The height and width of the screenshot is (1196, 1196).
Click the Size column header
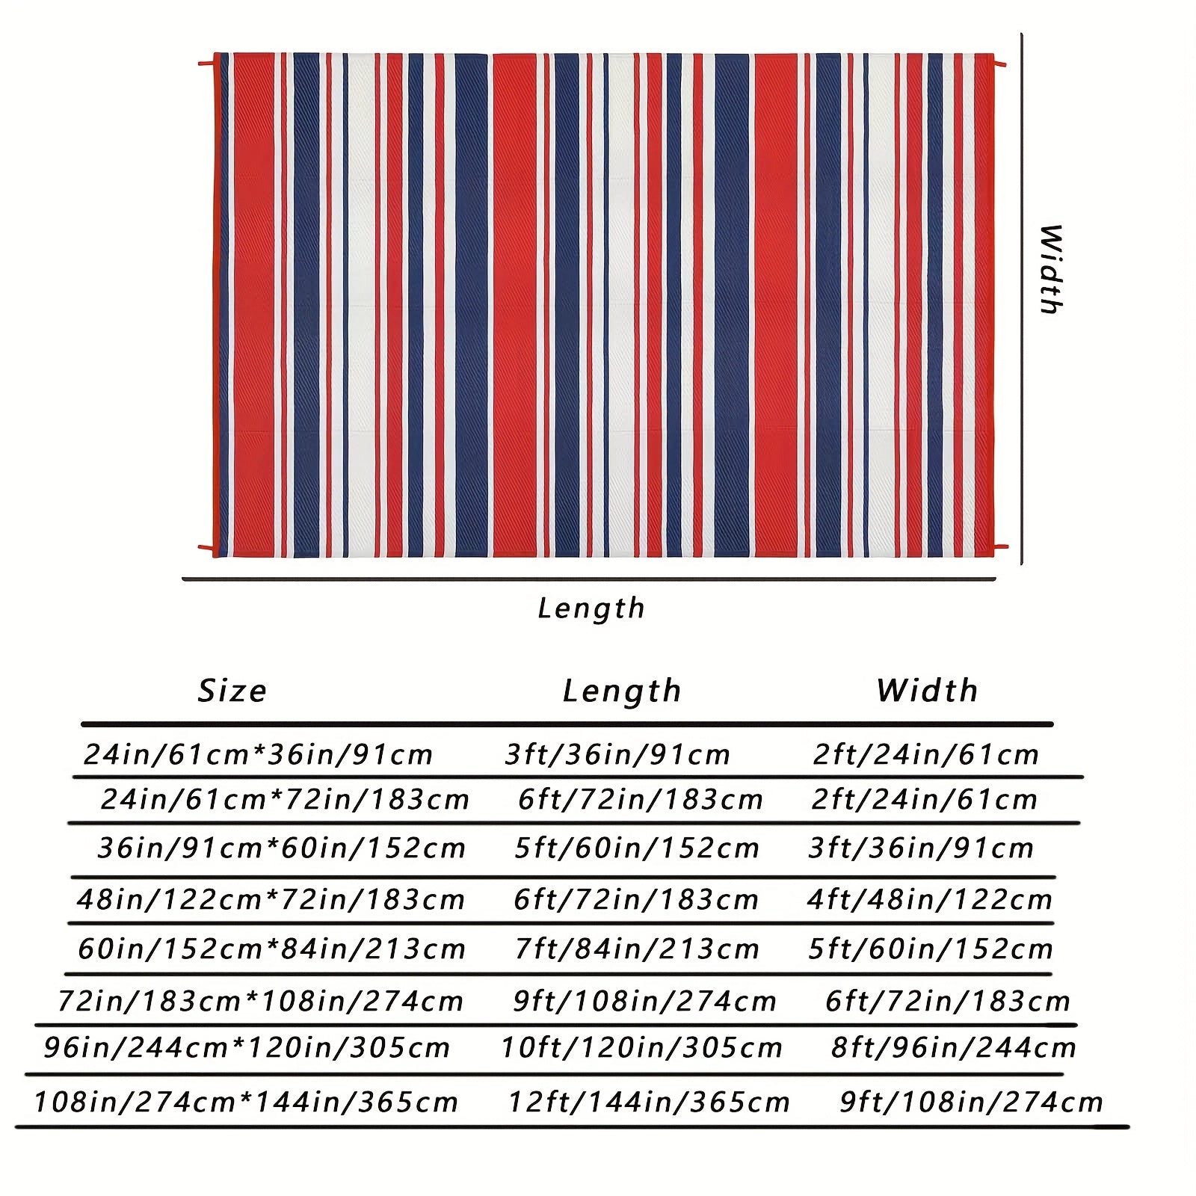tap(232, 691)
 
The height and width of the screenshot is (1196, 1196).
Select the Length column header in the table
tap(622, 691)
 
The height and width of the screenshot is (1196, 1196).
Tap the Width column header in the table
tap(928, 690)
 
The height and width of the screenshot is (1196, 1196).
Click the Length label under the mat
tap(591, 608)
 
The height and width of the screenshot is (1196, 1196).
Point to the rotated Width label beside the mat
tap(1051, 269)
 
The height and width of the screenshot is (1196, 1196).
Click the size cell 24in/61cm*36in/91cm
tap(259, 754)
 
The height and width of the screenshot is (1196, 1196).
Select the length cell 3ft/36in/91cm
tap(617, 754)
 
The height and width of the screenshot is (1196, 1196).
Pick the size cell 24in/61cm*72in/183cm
tap(285, 799)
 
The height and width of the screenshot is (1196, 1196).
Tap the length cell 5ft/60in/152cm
tap(637, 848)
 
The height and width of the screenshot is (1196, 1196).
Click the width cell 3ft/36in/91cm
tap(922, 848)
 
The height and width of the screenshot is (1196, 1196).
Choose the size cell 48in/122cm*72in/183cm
tap(271, 898)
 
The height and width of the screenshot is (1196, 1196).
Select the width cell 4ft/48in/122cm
tap(930, 898)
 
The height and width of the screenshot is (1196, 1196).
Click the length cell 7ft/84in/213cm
tap(637, 949)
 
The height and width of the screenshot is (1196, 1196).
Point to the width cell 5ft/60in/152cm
tap(931, 949)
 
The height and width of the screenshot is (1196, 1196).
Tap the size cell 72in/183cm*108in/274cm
tap(261, 1001)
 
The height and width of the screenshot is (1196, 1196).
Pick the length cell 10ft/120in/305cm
tap(641, 1047)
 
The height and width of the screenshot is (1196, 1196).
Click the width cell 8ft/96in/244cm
tap(954, 1047)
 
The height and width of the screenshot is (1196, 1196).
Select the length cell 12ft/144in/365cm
tap(649, 1102)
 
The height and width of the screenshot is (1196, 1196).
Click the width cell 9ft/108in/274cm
tap(971, 1102)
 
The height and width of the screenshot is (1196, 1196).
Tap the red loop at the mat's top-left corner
tap(208, 63)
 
